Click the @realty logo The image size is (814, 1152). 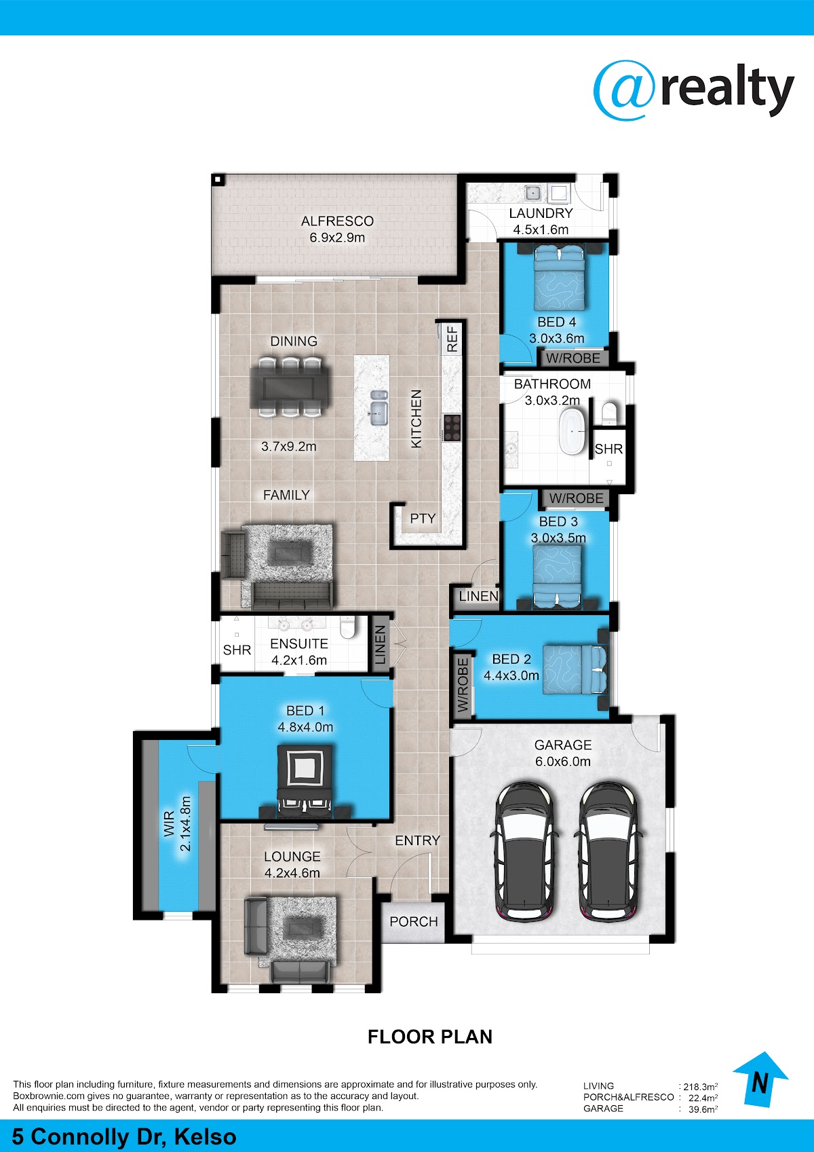(693, 90)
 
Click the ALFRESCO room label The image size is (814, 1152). (337, 221)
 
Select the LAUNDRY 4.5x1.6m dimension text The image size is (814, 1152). (541, 230)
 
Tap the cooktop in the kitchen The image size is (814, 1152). (452, 428)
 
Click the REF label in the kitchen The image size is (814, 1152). (452, 339)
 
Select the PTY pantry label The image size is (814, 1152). (423, 519)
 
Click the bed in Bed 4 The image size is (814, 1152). (558, 277)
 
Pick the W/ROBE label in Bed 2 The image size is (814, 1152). (463, 686)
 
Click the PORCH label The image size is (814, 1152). (414, 921)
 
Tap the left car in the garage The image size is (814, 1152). (526, 851)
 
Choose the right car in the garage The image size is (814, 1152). (609, 851)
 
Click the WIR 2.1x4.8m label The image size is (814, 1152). (177, 823)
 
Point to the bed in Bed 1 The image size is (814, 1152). (305, 782)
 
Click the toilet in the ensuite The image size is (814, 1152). (347, 627)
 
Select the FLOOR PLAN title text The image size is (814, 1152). (430, 1037)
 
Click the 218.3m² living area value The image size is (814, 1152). (701, 1087)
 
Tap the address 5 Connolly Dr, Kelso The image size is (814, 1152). (124, 1136)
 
